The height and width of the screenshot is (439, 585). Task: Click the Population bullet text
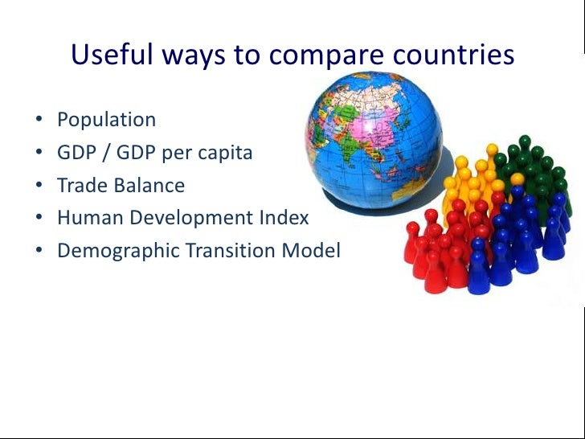(106, 121)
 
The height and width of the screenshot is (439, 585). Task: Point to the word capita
(222, 154)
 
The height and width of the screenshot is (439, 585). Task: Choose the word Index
(287, 218)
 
